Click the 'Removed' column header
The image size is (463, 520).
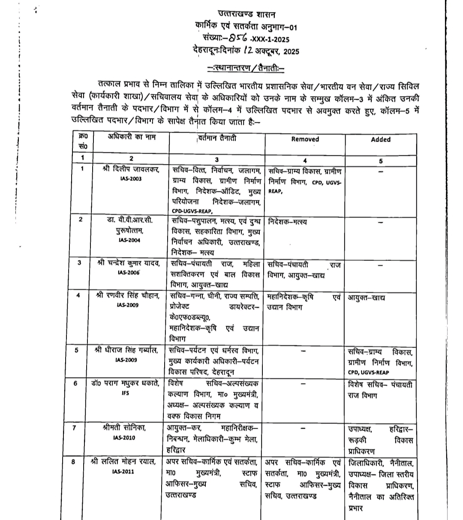click(x=305, y=139)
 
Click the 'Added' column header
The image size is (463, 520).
click(x=381, y=139)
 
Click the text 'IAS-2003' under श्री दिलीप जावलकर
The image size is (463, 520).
click(x=131, y=179)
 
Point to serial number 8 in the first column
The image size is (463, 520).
click(x=74, y=462)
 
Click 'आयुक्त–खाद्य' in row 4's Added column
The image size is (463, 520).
click(x=366, y=297)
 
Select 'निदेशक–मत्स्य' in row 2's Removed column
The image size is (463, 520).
click(x=288, y=222)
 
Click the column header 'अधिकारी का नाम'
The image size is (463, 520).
click(x=132, y=137)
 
